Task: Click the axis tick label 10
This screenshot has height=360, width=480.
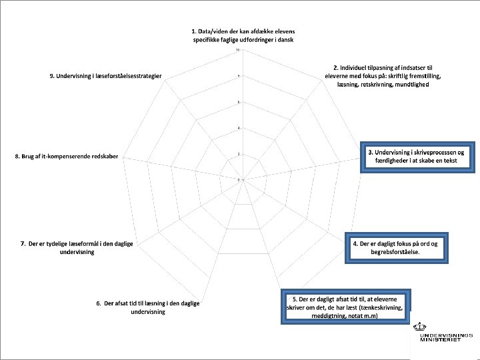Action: click(x=238, y=50)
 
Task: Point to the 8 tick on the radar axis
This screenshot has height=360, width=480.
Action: click(x=239, y=76)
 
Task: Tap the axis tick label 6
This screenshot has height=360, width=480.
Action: click(x=239, y=102)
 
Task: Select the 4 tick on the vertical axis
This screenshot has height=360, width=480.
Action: click(x=239, y=128)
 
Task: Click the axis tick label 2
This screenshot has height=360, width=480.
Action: click(x=239, y=154)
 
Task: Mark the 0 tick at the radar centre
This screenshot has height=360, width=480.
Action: click(x=239, y=180)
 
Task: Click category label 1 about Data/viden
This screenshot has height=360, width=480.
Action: click(x=243, y=36)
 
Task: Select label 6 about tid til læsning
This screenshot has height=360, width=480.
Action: click(x=147, y=307)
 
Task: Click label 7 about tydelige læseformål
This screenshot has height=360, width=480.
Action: click(x=77, y=247)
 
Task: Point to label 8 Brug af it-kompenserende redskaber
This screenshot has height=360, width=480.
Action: click(x=67, y=156)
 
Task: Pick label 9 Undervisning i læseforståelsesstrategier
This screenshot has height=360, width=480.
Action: click(x=110, y=76)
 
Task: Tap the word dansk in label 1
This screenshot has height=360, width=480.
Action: click(x=287, y=40)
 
